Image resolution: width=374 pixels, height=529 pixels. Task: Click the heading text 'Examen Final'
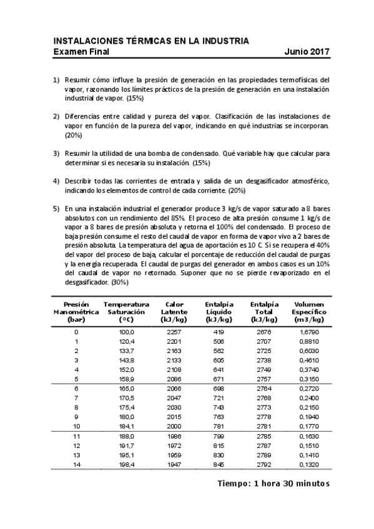coord(81,52)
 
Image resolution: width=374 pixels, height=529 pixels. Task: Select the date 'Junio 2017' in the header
coord(307,52)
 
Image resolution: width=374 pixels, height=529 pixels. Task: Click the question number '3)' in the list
coord(56,153)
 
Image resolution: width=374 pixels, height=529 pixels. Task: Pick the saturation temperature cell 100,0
coord(126,332)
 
